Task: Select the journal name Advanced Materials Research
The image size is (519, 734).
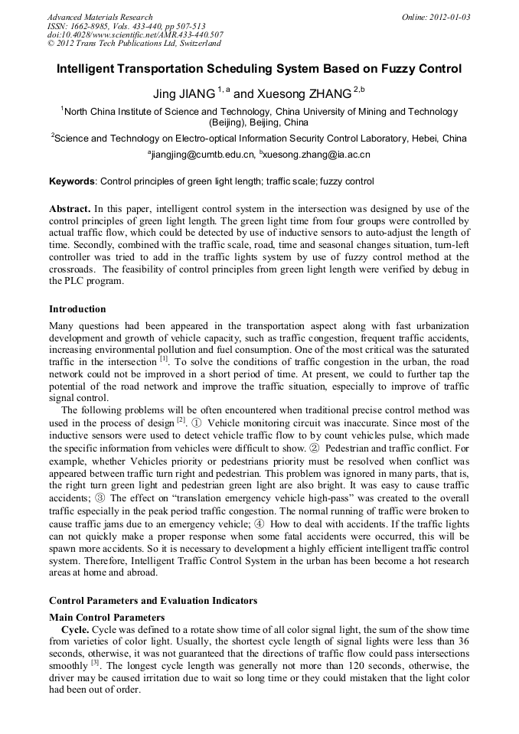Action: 100,17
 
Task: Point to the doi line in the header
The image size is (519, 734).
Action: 135,34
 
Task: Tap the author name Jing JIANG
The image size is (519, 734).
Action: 184,94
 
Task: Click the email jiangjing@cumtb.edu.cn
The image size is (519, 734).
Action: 201,155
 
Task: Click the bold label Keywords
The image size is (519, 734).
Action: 73,182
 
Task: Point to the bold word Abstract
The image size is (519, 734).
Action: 70,209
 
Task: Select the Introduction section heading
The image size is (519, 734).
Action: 77,309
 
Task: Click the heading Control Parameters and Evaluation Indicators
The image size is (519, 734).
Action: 153,601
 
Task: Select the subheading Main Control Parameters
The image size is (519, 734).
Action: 106,617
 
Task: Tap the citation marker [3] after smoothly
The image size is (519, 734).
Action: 96,663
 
